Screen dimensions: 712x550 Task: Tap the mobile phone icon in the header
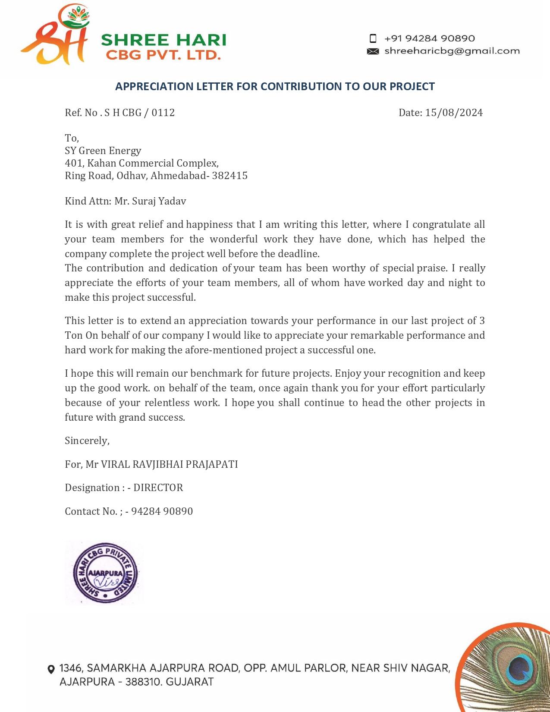pyautogui.click(x=373, y=38)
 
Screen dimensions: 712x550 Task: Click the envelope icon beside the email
pyautogui.click(x=373, y=51)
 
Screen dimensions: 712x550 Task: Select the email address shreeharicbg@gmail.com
pyautogui.click(x=452, y=51)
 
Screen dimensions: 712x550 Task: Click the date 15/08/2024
pyautogui.click(x=454, y=113)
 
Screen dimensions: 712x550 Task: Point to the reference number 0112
pyautogui.click(x=163, y=113)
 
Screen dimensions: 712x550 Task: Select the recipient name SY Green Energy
pyautogui.click(x=103, y=151)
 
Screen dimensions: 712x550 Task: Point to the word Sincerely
pyautogui.click(x=87, y=441)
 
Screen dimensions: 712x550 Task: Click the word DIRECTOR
pyautogui.click(x=158, y=488)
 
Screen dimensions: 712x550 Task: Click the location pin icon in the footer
pyautogui.click(x=51, y=669)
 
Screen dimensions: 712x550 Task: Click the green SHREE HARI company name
pyautogui.click(x=163, y=40)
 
